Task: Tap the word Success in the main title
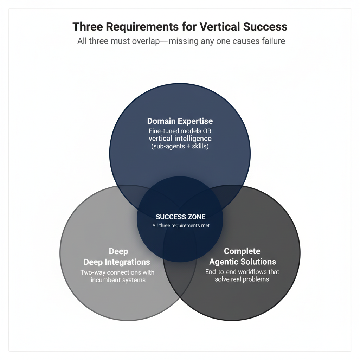pos(266,27)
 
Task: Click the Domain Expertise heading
pos(180,121)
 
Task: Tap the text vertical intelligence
pos(180,139)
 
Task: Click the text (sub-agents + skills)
pos(180,146)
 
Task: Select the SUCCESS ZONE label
pos(180,217)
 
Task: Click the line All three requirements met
pos(181,225)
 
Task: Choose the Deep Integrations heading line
pos(117,262)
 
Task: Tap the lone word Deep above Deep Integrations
pos(118,251)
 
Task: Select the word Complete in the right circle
pos(242,251)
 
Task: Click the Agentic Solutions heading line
pos(243,262)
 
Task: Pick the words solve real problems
pos(242,279)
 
